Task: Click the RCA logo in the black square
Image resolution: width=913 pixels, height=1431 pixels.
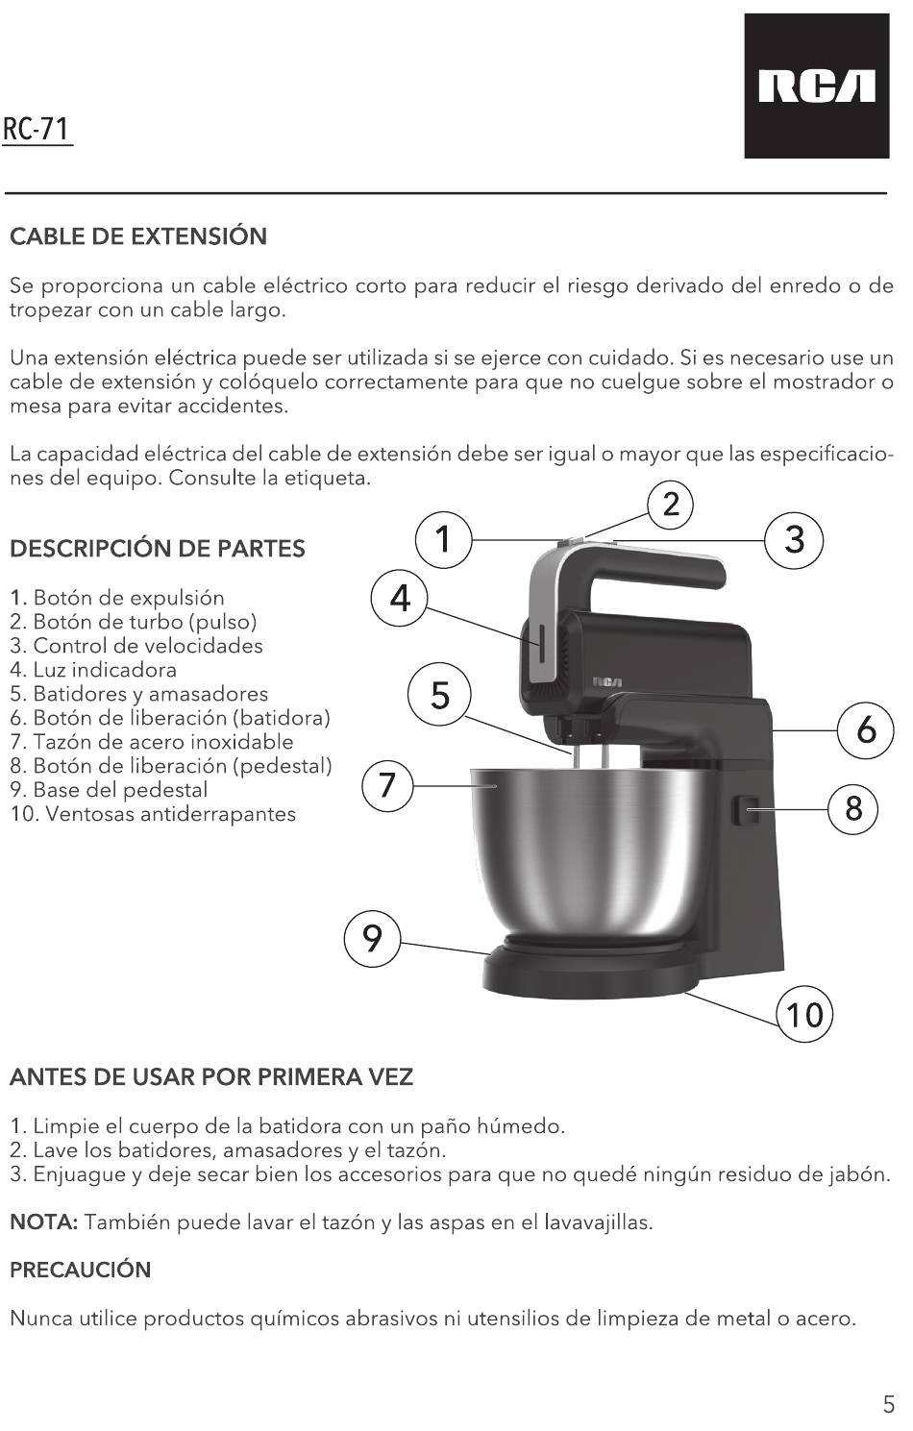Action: pos(816,86)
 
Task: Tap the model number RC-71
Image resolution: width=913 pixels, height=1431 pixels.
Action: pos(37,129)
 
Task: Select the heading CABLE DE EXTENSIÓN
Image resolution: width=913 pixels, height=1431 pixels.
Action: pos(138,236)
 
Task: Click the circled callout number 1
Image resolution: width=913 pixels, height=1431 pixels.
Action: pos(443,540)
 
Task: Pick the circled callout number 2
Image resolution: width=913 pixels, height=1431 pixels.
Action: pos(670,505)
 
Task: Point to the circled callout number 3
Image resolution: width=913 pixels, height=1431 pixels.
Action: pos(794,540)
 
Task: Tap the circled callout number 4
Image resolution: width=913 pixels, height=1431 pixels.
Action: pos(400,599)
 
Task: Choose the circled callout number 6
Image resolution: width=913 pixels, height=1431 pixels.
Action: pos(866,730)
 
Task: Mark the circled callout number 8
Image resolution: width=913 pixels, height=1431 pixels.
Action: pos(853,808)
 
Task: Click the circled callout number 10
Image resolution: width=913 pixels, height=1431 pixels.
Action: pos(803,1015)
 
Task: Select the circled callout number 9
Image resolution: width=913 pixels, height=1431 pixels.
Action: pos(373,938)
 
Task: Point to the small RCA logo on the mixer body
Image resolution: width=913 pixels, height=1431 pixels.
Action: pos(607,681)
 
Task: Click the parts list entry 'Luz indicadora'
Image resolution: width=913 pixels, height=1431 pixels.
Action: pos(93,670)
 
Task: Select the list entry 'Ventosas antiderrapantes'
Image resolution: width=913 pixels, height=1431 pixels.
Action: pos(153,814)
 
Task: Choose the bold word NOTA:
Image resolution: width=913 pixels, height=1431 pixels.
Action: pos(44,1222)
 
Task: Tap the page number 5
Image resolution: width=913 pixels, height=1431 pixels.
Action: pos(889,1405)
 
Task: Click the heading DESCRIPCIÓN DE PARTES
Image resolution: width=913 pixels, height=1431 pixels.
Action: pos(158,549)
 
